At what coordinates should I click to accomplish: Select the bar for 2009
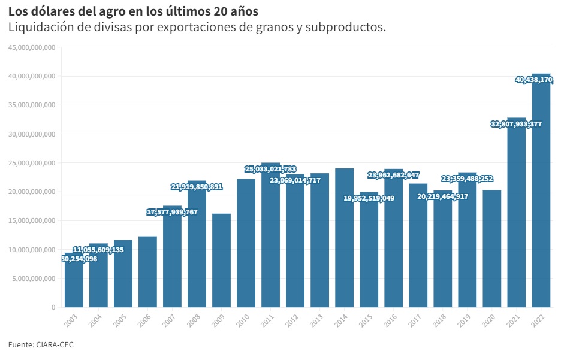pos(221,261)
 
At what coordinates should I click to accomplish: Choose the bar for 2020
pos(491,249)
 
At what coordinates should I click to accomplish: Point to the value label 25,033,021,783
pos(270,169)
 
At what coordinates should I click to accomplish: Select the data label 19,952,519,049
pos(369,198)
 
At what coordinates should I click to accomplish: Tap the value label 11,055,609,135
pos(98,250)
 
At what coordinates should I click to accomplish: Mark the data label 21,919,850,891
pos(197,187)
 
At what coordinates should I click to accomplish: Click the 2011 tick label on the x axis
pos(267,320)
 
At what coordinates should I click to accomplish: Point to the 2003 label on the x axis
pos(71,320)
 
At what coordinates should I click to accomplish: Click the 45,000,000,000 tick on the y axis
pos(32,47)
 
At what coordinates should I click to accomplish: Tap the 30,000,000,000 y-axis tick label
pos(32,134)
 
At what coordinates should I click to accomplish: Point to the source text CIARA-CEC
pos(55,345)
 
